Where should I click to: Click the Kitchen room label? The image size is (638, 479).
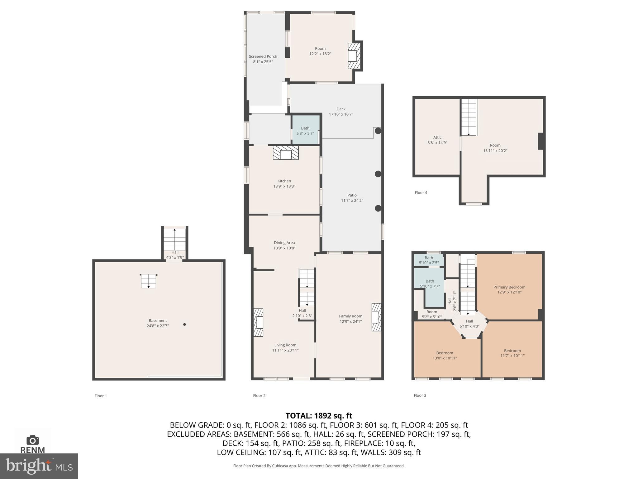[x=284, y=181]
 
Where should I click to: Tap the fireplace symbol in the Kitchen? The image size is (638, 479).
[x=286, y=153]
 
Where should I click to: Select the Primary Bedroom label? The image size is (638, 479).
[x=509, y=287]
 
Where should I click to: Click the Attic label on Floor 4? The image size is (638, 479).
[x=437, y=138]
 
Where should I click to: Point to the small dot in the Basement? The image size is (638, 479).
[x=184, y=325]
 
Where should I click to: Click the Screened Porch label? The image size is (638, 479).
[x=263, y=56]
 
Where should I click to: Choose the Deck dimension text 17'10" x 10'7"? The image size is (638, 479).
[x=341, y=114]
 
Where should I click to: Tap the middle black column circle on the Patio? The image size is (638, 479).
[x=378, y=174]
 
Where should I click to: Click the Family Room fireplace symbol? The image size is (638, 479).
[x=376, y=317]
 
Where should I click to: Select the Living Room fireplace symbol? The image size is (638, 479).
[x=258, y=322]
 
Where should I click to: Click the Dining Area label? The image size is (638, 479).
[x=284, y=243]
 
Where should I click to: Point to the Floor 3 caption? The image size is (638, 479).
[x=420, y=395]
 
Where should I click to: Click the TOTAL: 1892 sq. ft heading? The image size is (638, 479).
[x=319, y=416]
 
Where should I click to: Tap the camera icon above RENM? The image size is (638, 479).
[x=32, y=440]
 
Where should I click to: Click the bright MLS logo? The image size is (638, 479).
[x=39, y=466]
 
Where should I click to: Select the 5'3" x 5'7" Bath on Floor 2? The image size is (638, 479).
[x=305, y=131]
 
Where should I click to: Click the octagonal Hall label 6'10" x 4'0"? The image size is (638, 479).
[x=469, y=324]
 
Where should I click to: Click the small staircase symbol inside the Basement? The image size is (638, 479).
[x=149, y=281]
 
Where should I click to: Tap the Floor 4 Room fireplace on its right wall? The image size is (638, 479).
[x=541, y=141]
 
